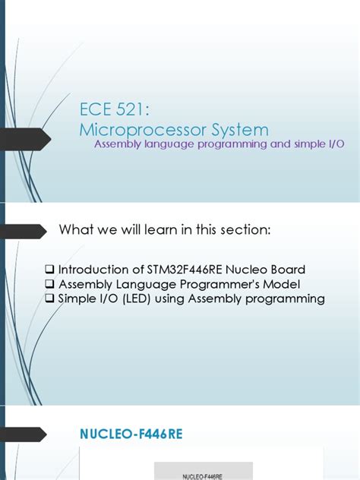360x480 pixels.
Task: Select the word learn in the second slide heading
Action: [x=164, y=230]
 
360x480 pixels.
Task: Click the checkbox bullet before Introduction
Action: [x=50, y=270]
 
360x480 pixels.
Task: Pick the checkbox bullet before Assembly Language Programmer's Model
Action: [x=50, y=284]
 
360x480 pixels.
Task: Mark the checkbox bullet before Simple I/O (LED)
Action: [x=50, y=298]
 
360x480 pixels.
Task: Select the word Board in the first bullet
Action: [x=288, y=270]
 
